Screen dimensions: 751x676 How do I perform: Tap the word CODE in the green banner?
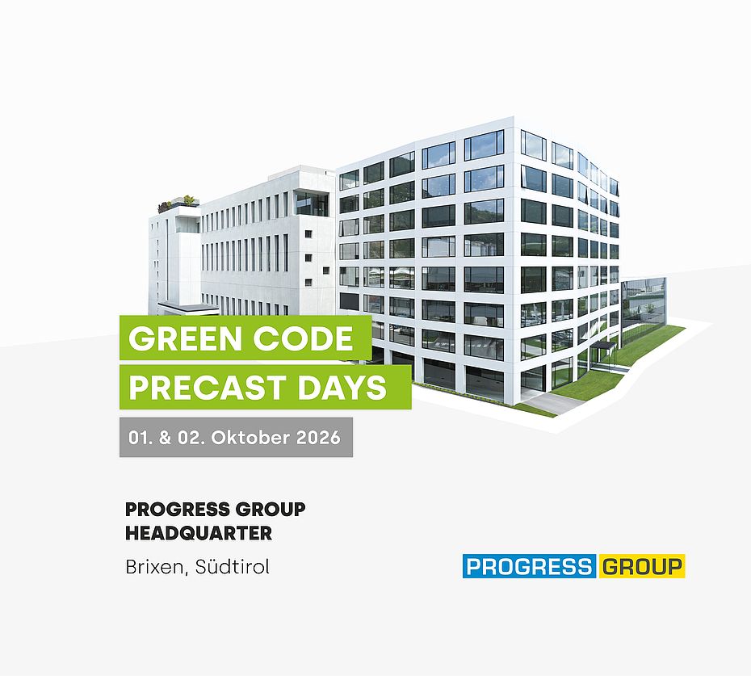(303, 338)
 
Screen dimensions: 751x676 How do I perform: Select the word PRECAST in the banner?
(208, 387)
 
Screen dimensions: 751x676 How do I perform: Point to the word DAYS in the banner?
(342, 387)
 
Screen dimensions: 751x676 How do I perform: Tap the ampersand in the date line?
(166, 438)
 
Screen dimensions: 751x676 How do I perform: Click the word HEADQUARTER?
(199, 533)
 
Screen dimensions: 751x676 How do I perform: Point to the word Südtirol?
(233, 567)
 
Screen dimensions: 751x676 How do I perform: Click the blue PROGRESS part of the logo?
(529, 566)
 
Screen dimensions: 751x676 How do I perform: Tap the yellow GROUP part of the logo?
(641, 566)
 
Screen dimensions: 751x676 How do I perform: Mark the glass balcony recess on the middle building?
(312, 204)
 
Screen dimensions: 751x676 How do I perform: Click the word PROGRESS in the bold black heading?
(178, 510)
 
